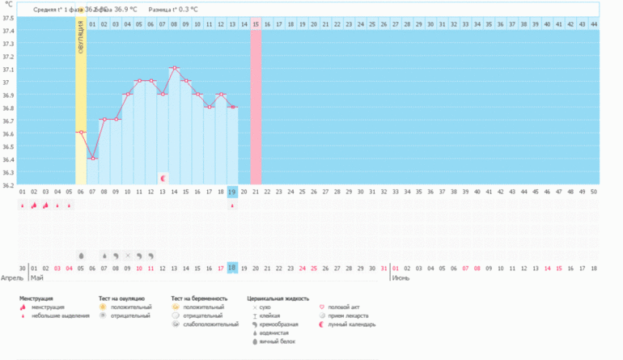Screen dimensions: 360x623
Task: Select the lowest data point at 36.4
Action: (93, 159)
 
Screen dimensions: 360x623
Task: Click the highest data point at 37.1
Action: (174, 68)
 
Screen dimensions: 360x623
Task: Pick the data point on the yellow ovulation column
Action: (81, 132)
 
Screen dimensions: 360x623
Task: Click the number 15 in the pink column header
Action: (256, 24)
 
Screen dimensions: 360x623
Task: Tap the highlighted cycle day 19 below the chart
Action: (232, 192)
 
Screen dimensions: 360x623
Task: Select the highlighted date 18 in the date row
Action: (232, 268)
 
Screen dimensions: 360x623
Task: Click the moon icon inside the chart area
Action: (163, 177)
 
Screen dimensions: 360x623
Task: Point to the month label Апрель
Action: (11, 277)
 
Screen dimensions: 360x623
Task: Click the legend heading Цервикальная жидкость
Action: (278, 299)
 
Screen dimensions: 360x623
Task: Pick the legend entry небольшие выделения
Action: (61, 316)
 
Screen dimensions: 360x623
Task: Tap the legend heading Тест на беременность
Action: (199, 299)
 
